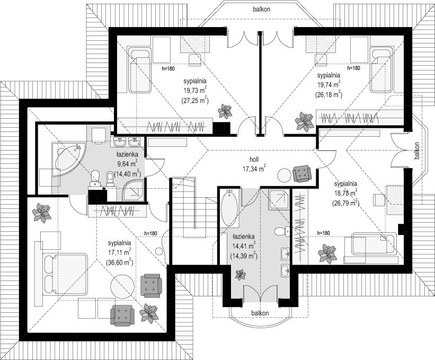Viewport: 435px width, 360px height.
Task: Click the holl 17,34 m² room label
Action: pyautogui.click(x=254, y=164)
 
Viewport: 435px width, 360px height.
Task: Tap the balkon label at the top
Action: pyautogui.click(x=261, y=9)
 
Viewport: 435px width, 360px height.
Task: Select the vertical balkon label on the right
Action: pyautogui.click(x=416, y=151)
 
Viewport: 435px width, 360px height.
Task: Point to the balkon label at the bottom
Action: pyautogui.click(x=260, y=313)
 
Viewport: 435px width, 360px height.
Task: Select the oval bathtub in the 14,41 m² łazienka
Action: pyautogui.click(x=229, y=208)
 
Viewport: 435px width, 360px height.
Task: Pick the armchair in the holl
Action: pyautogui.click(x=302, y=173)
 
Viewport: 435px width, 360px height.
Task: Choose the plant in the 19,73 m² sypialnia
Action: pyautogui.click(x=225, y=111)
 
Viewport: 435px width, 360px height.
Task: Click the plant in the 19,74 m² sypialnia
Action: pyautogui.click(x=304, y=121)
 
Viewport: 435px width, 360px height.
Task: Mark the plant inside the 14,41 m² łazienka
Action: pyautogui.click(x=240, y=275)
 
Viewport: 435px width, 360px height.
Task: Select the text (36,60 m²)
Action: pyautogui.click(x=119, y=262)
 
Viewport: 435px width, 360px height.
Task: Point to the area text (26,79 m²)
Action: pyautogui.click(x=345, y=203)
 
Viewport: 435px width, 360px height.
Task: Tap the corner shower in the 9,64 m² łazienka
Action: pyautogui.click(x=133, y=190)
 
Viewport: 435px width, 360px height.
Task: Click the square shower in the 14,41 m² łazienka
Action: pyautogui.click(x=279, y=199)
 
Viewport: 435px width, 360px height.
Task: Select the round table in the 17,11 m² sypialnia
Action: pyautogui.click(x=122, y=286)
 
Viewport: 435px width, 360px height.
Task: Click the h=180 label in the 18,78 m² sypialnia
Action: pyautogui.click(x=324, y=233)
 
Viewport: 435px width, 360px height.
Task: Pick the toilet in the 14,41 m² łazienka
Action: pyautogui.click(x=282, y=232)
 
